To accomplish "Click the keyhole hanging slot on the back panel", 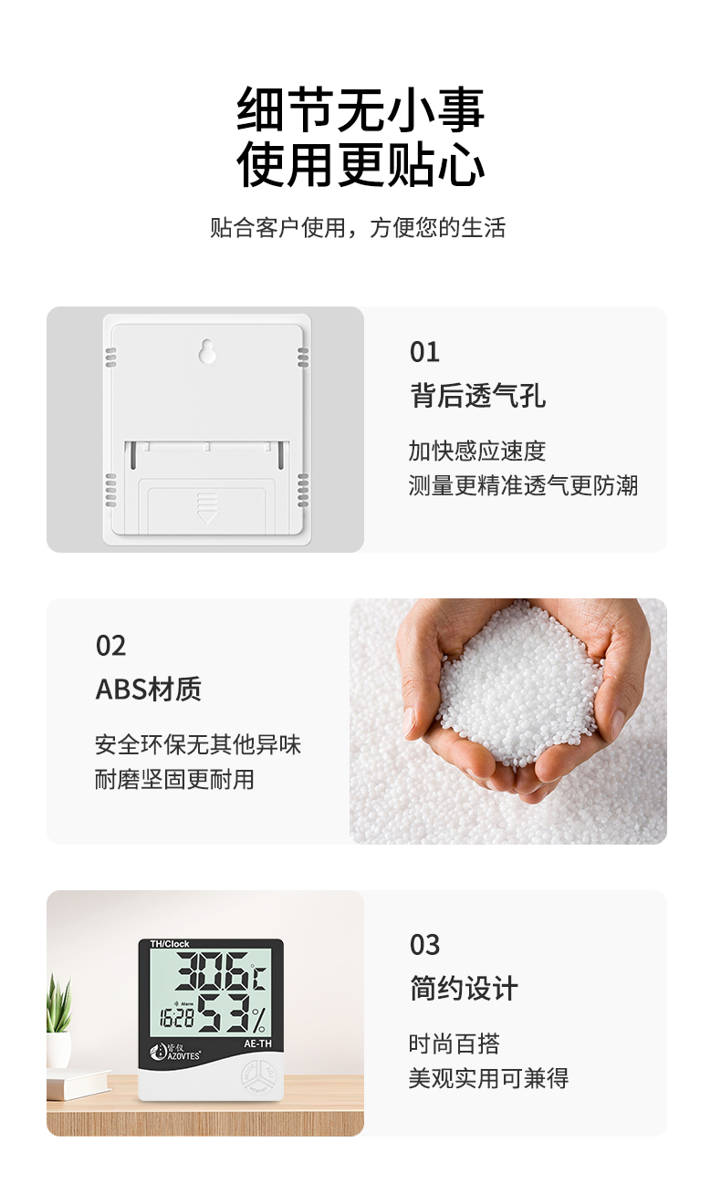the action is coord(206,351).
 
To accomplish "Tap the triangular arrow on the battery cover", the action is coord(206,516).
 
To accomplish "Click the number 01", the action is coord(424,352).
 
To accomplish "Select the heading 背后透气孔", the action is coord(478,396).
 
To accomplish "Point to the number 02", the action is coord(110,646).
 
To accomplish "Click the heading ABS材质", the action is coord(149,689).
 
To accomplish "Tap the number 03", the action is coord(424,945).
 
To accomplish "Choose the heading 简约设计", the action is coord(465,988).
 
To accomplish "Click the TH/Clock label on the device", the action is coord(169,944).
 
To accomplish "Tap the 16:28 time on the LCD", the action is coord(176,1018).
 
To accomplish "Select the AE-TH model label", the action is coord(258,1043).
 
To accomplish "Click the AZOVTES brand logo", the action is coord(175,1052).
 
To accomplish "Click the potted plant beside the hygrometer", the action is coord(58,1021).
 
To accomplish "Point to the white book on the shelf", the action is coord(78,1084).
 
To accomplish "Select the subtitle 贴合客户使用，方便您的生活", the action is coord(358,228).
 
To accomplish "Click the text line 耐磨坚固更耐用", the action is coord(174,779).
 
